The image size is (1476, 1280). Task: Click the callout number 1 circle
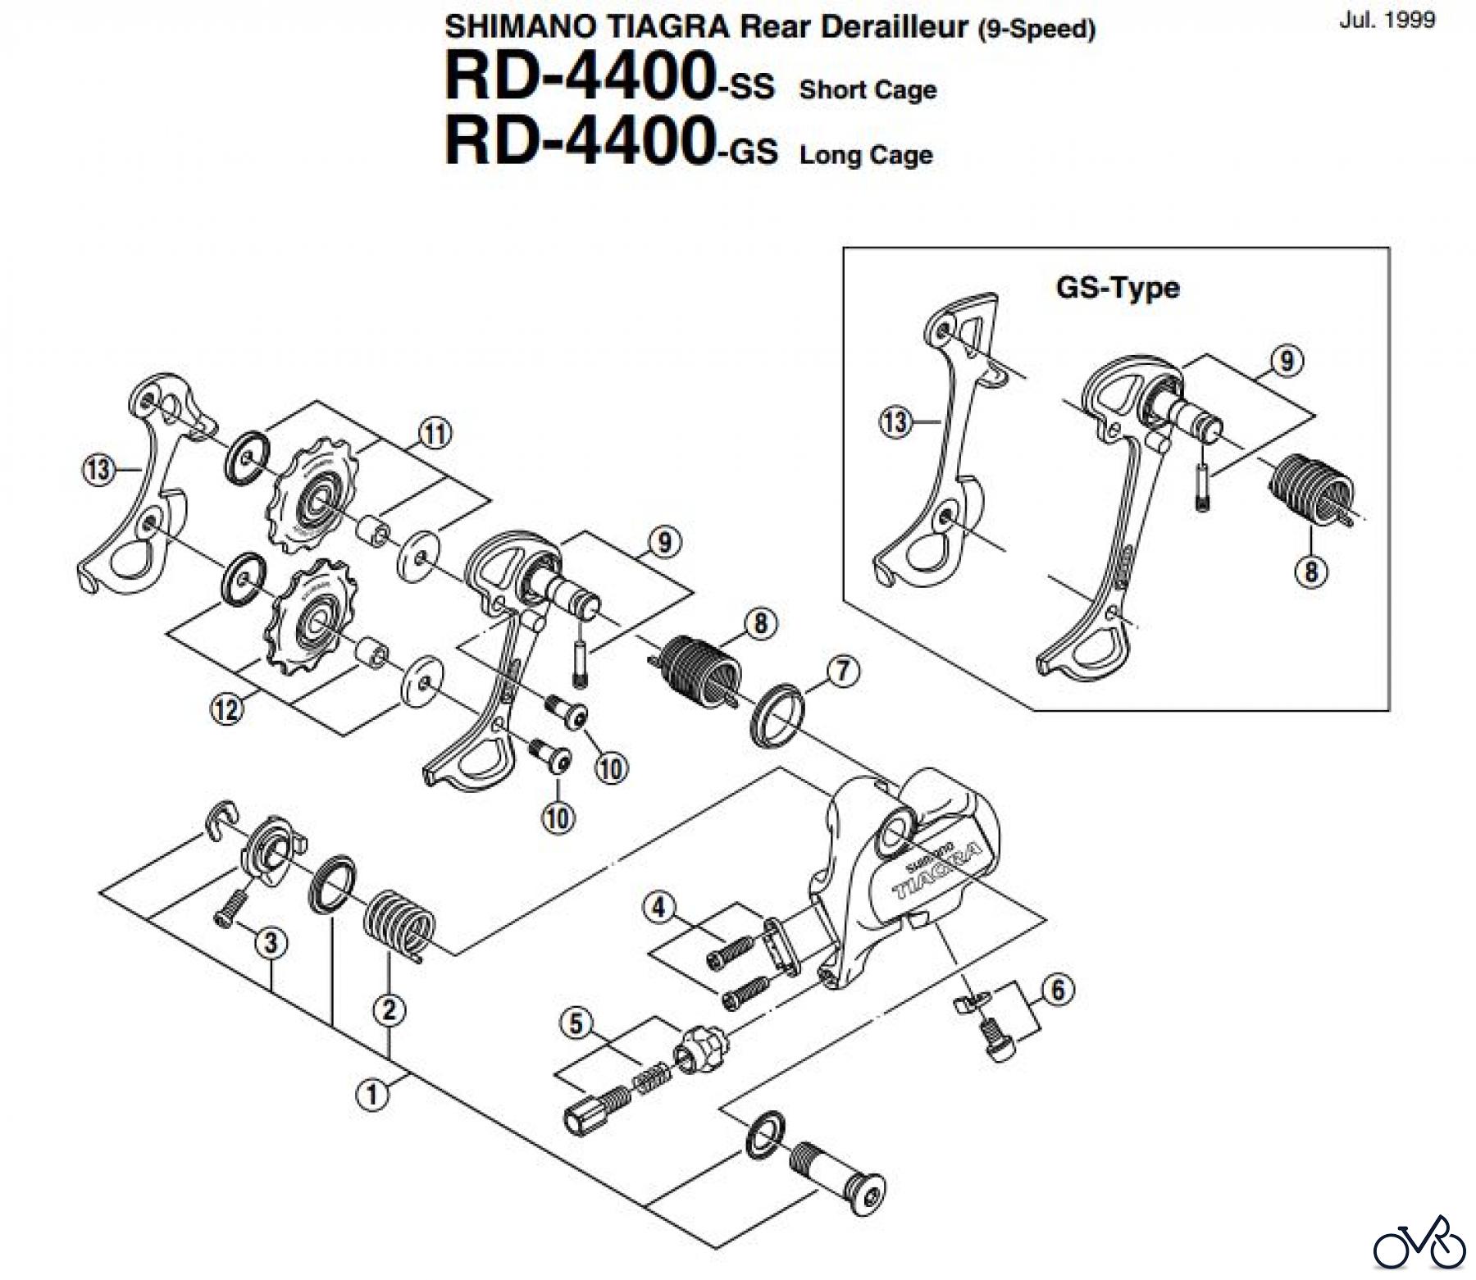(x=372, y=1093)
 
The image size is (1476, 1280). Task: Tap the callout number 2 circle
(x=389, y=1009)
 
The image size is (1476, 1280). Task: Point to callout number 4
(x=658, y=908)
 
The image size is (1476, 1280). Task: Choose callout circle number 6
(x=1058, y=991)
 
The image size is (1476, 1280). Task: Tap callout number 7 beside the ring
(x=844, y=671)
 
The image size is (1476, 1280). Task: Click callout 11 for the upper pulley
(x=435, y=433)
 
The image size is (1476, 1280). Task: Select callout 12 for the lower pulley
(x=227, y=708)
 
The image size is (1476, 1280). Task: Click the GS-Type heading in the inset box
(x=1117, y=288)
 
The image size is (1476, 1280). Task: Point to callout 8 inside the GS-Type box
(x=1310, y=571)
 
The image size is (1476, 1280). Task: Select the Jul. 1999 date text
(x=1387, y=20)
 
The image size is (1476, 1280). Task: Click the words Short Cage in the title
(x=867, y=89)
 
